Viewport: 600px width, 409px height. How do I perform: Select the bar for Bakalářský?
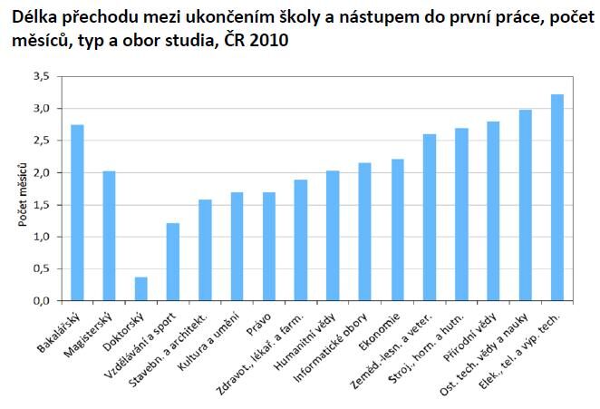point(77,212)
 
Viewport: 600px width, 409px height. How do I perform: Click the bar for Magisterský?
point(109,236)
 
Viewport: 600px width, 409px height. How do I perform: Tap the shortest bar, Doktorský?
point(140,288)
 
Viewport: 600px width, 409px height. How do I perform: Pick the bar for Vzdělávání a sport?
point(172,261)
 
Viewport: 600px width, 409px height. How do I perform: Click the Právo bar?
point(268,246)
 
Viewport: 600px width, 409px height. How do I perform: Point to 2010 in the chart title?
point(269,42)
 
